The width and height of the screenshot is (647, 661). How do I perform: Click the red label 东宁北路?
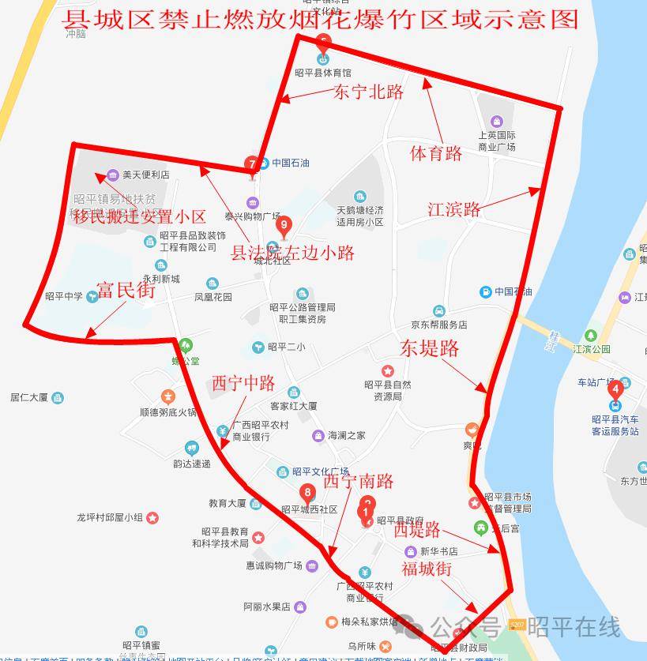368,92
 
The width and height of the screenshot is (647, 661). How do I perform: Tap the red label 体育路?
436,153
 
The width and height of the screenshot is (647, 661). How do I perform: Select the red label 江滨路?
454,209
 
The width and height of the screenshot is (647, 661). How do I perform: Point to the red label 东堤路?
429,347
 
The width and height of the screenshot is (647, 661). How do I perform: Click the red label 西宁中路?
243,383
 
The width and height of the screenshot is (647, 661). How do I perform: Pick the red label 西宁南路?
358,480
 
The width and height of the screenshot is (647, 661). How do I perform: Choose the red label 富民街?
126,290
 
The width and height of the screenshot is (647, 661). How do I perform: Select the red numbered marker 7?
252,165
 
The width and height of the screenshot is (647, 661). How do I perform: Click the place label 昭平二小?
286,347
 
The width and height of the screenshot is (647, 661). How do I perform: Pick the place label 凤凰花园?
213,297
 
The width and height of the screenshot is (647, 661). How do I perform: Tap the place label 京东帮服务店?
438,324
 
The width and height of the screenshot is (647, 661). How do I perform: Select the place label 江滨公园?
592,348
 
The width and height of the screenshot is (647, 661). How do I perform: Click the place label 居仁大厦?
30,397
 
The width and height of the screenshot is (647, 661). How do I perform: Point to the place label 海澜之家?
346,435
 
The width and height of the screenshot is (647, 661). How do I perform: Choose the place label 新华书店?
438,551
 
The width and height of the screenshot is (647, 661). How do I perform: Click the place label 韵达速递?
192,464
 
